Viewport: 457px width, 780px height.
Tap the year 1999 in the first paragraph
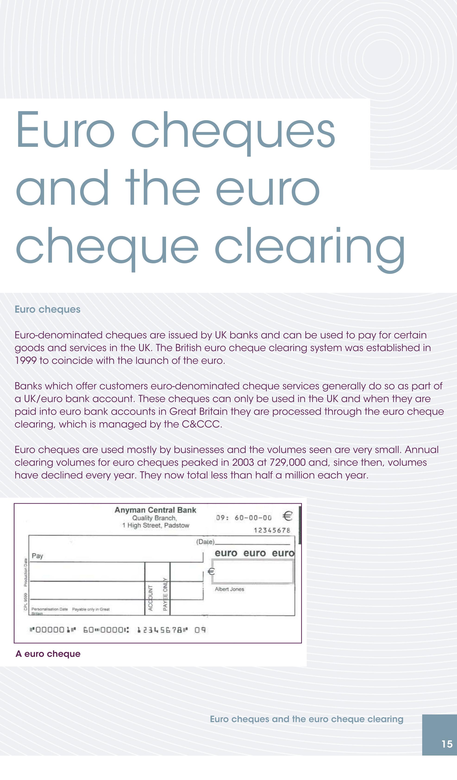[x=25, y=361]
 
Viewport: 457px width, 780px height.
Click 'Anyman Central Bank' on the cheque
[x=155, y=510]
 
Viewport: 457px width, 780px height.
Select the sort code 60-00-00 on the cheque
[x=253, y=518]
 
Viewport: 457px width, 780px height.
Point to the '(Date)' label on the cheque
[x=205, y=542]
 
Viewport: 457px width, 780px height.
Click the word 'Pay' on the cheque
[x=38, y=556]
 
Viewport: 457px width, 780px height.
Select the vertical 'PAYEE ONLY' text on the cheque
[x=165, y=594]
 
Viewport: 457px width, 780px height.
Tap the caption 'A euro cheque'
[x=48, y=654]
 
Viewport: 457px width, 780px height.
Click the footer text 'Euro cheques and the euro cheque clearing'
[x=306, y=719]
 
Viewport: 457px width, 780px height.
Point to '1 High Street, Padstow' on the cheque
[x=155, y=525]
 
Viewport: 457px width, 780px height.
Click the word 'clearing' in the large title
[x=309, y=248]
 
